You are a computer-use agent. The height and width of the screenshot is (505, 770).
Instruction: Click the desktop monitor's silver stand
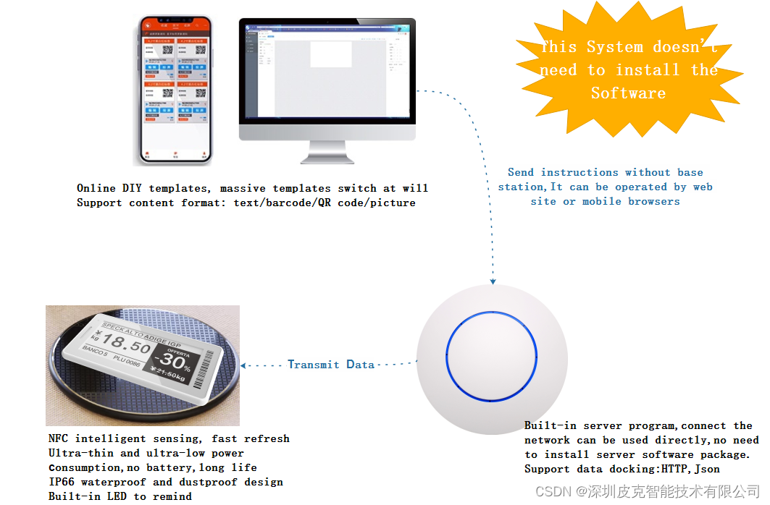coord(328,152)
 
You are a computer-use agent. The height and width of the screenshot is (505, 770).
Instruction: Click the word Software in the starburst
coord(627,93)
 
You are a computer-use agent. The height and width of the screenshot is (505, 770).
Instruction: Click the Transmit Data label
coord(331,365)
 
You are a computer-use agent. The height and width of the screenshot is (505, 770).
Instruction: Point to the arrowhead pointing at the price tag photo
coord(244,365)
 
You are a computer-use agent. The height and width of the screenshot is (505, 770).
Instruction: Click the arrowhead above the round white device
coord(493,281)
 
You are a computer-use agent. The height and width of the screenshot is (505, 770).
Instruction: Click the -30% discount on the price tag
coord(173,360)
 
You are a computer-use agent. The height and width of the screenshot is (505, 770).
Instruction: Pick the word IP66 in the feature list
coord(62,482)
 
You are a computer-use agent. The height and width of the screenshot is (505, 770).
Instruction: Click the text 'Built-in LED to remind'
coord(120,496)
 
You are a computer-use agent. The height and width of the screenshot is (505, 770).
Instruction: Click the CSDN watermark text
coord(555,492)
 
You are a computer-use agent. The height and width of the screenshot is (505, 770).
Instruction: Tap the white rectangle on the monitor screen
coord(331,54)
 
